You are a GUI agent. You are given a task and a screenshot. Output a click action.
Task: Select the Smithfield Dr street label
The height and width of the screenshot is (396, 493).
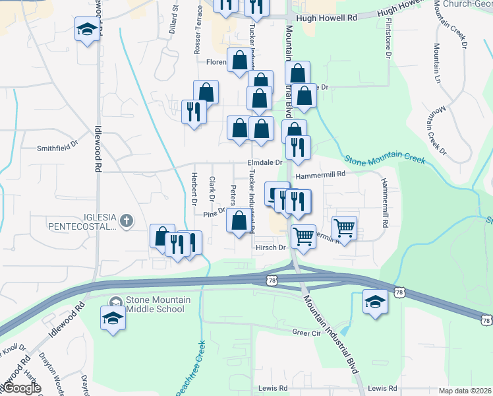[57, 148]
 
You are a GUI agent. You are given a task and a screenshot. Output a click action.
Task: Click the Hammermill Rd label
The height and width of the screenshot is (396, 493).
[321, 176]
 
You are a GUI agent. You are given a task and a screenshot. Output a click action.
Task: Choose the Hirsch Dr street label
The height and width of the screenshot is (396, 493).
[269, 247]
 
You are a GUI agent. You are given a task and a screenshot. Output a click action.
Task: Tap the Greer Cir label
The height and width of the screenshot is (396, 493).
[306, 333]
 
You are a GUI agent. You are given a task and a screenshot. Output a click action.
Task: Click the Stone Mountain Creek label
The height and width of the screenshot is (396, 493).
[385, 158]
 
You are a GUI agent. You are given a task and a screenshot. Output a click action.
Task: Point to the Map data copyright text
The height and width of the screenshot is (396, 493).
[465, 391]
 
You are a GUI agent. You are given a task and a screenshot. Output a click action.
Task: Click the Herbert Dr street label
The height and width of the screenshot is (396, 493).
[194, 188]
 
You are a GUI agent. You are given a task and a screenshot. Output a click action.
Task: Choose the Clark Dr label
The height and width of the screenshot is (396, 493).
[212, 188]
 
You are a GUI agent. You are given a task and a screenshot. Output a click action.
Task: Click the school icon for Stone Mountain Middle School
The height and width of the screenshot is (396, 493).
[113, 319]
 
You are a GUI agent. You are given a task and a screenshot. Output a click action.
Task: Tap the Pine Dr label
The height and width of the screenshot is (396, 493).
[214, 213]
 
